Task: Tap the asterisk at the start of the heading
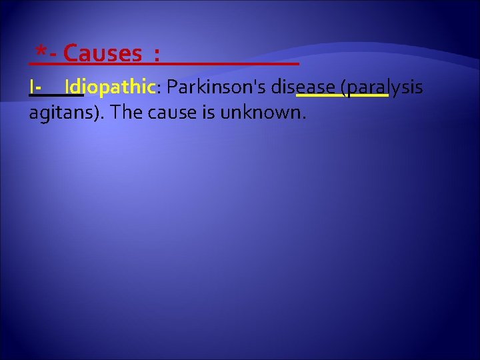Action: [x=41, y=51]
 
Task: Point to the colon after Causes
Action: [x=156, y=55]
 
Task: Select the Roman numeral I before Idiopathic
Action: [x=33, y=87]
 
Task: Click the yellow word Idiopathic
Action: [x=110, y=87]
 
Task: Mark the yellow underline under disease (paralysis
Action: [x=341, y=96]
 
